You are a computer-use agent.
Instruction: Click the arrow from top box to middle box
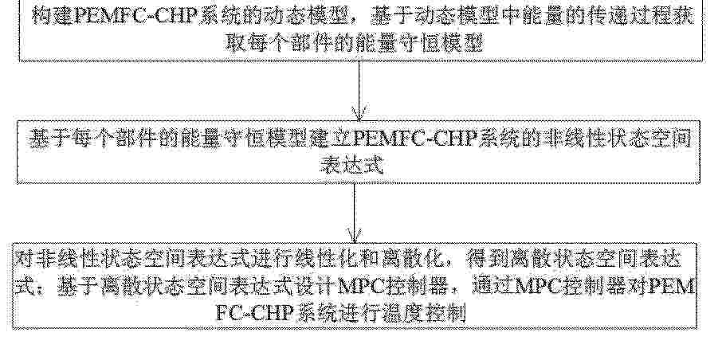359,91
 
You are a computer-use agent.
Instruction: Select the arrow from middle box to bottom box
354,213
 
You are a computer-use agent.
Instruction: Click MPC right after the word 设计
360,287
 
